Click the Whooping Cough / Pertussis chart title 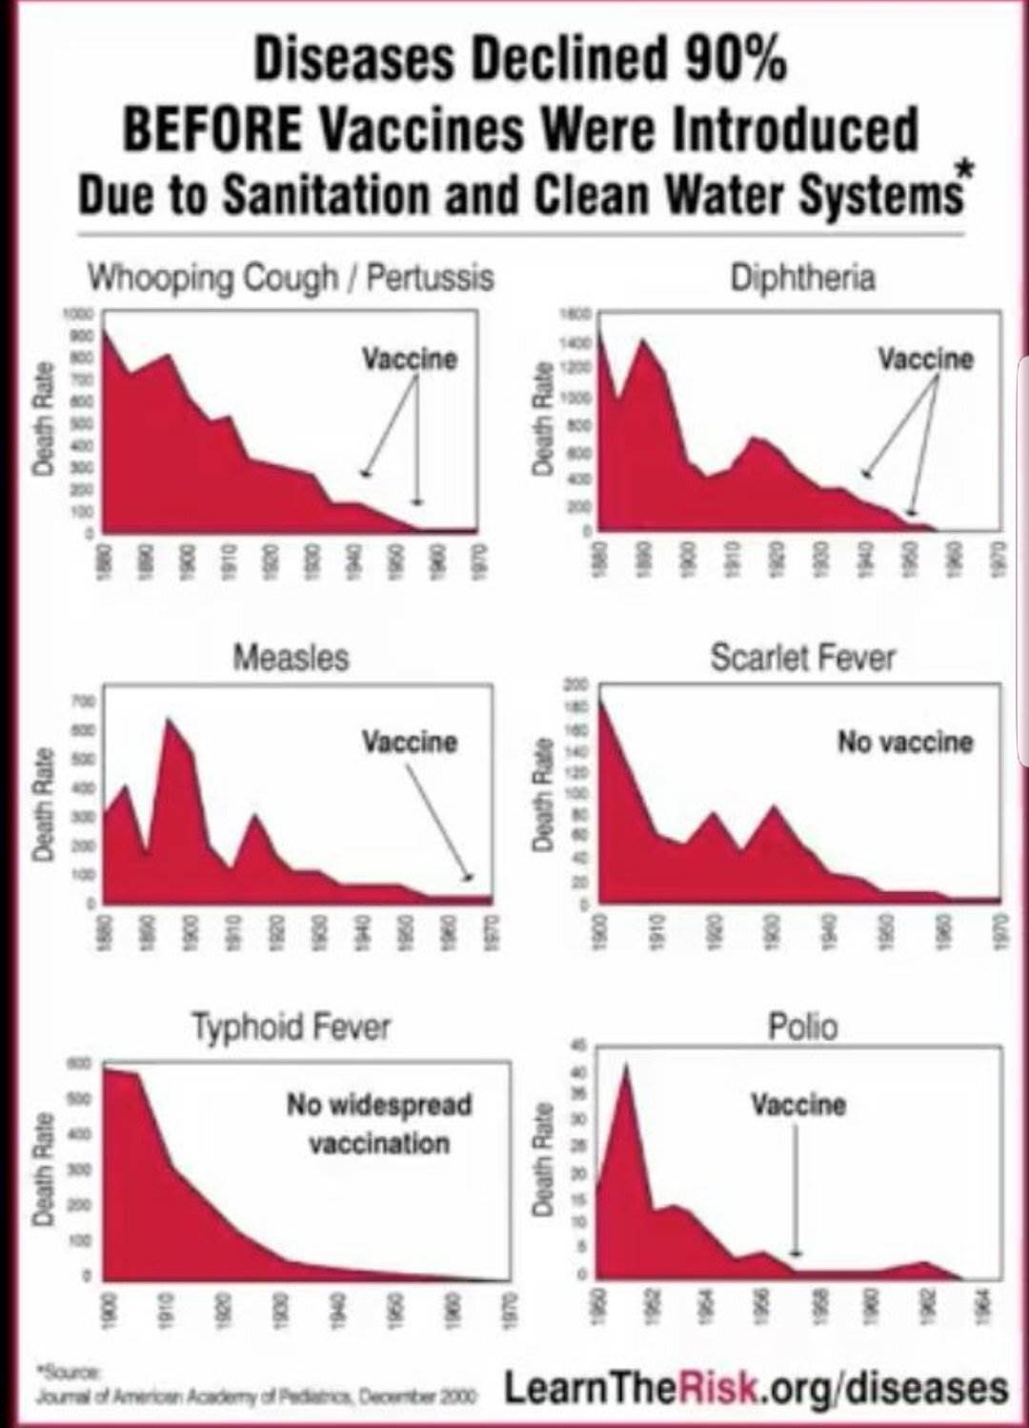[291, 277]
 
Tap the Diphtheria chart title [802, 277]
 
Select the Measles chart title [291, 658]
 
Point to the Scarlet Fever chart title [802, 658]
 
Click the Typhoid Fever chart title [291, 1028]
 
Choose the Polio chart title [802, 1028]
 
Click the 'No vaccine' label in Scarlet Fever [905, 742]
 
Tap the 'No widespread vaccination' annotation [379, 1124]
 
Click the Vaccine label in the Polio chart [797, 1105]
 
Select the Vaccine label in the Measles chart [409, 742]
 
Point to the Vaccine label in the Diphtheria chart [925, 359]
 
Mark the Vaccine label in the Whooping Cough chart [409, 359]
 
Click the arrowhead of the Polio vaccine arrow [797, 1254]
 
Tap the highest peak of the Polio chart [626, 1065]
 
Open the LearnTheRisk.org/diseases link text [755, 1388]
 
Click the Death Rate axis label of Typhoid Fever [42, 1169]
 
